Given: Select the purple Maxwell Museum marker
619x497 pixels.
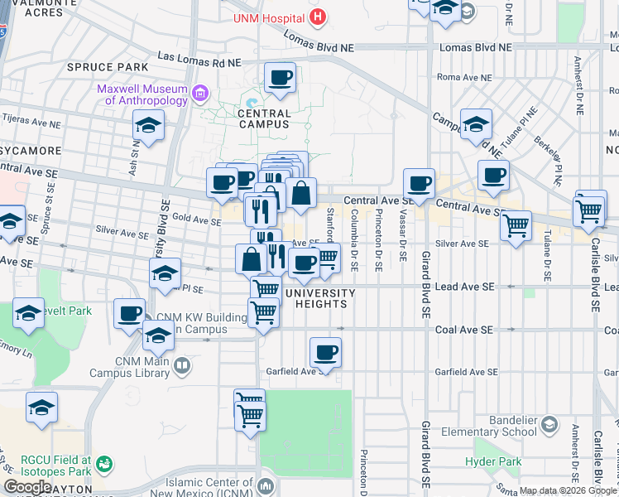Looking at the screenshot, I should tap(199, 94).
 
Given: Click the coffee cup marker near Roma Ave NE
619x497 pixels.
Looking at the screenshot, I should tap(280, 80).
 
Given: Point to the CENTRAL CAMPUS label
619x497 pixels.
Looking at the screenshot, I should tap(264, 118).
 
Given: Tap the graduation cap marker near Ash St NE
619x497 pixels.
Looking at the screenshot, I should tap(148, 126).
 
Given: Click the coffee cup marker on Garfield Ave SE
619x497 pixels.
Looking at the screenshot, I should tap(325, 353).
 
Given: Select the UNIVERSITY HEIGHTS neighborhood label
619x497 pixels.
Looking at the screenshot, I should tap(320, 298).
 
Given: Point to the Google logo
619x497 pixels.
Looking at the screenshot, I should tap(27, 486).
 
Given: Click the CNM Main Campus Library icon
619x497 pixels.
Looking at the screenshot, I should tap(182, 364).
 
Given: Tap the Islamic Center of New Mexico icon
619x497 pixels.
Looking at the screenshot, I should tap(266, 485).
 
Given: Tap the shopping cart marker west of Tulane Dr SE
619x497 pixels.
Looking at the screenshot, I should tap(516, 224).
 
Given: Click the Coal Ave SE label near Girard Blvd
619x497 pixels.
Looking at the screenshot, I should tap(465, 329).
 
